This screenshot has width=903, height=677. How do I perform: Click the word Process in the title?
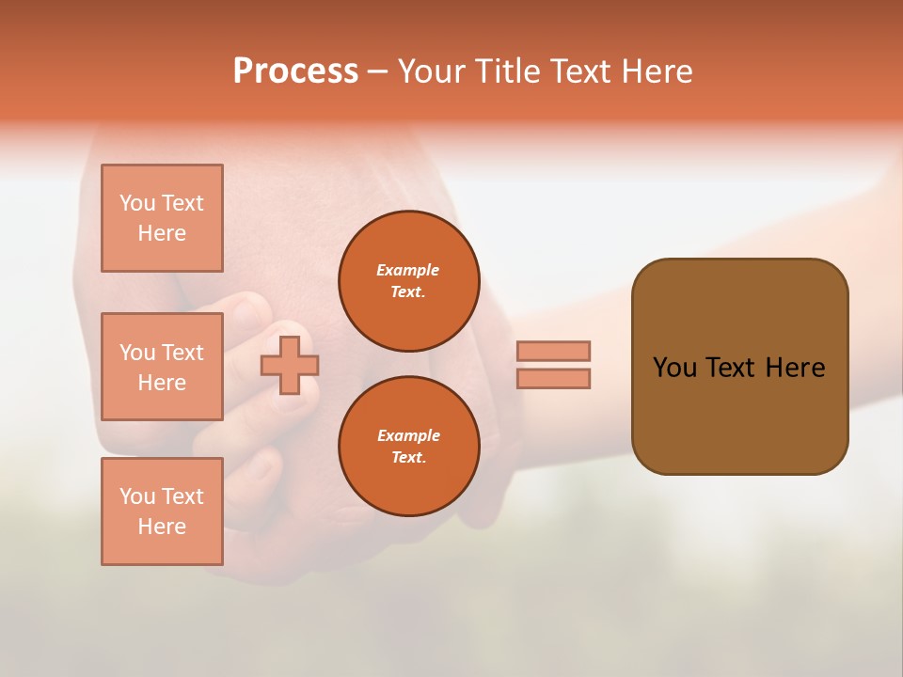click(295, 71)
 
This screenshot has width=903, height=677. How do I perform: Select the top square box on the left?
click(162, 218)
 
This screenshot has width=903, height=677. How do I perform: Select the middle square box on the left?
click(162, 367)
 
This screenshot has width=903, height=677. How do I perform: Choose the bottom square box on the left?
click(162, 512)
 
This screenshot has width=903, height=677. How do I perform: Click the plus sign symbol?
click(290, 365)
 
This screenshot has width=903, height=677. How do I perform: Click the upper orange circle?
click(409, 281)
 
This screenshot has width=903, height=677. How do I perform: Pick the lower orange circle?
click(409, 447)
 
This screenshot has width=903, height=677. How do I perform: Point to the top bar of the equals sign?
click(553, 351)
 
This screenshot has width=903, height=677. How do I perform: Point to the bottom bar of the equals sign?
click(553, 378)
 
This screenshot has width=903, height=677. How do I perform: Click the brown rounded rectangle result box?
click(739, 414)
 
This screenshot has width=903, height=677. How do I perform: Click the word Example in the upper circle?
click(407, 270)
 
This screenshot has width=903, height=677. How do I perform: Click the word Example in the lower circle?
click(408, 435)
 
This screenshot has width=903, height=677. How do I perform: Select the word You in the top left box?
click(137, 203)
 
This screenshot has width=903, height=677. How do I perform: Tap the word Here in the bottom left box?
click(162, 527)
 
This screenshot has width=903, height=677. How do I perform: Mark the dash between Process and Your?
click(378, 71)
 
